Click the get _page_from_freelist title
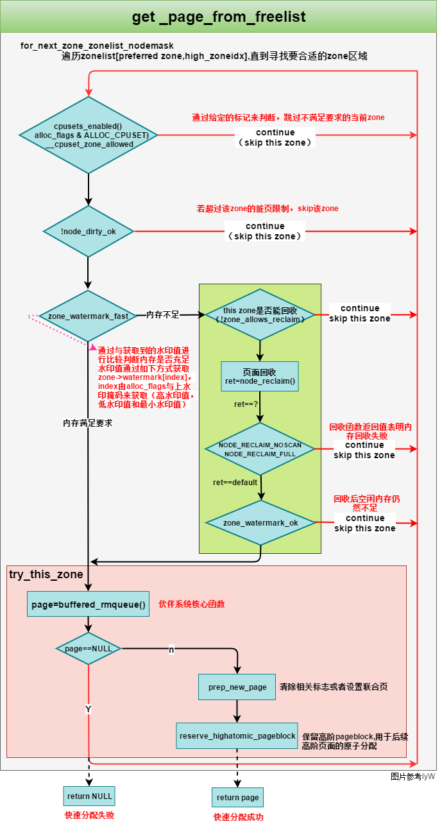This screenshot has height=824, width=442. point(219,17)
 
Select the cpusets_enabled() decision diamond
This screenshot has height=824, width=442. point(89,135)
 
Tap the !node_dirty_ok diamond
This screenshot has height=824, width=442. point(89,232)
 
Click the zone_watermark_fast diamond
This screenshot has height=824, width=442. point(89,316)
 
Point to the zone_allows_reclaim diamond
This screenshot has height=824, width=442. point(260,314)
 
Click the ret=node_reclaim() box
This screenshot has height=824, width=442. point(260,377)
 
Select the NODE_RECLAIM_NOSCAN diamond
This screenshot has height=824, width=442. point(260,449)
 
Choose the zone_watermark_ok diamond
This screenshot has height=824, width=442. point(260,523)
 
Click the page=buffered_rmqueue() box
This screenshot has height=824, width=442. point(88,604)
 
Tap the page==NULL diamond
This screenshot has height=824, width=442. point(89,648)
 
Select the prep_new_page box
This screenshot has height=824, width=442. point(237,687)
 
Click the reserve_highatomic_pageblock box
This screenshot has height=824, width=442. point(237,735)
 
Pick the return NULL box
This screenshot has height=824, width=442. point(89,796)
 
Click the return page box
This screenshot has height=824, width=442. point(237,797)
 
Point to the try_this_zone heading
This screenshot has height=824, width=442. point(46,573)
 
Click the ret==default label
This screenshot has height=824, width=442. point(235,482)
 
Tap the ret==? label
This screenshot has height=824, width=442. point(246,405)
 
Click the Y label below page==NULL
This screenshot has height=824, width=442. point(88,708)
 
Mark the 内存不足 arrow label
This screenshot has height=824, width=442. point(163,315)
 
